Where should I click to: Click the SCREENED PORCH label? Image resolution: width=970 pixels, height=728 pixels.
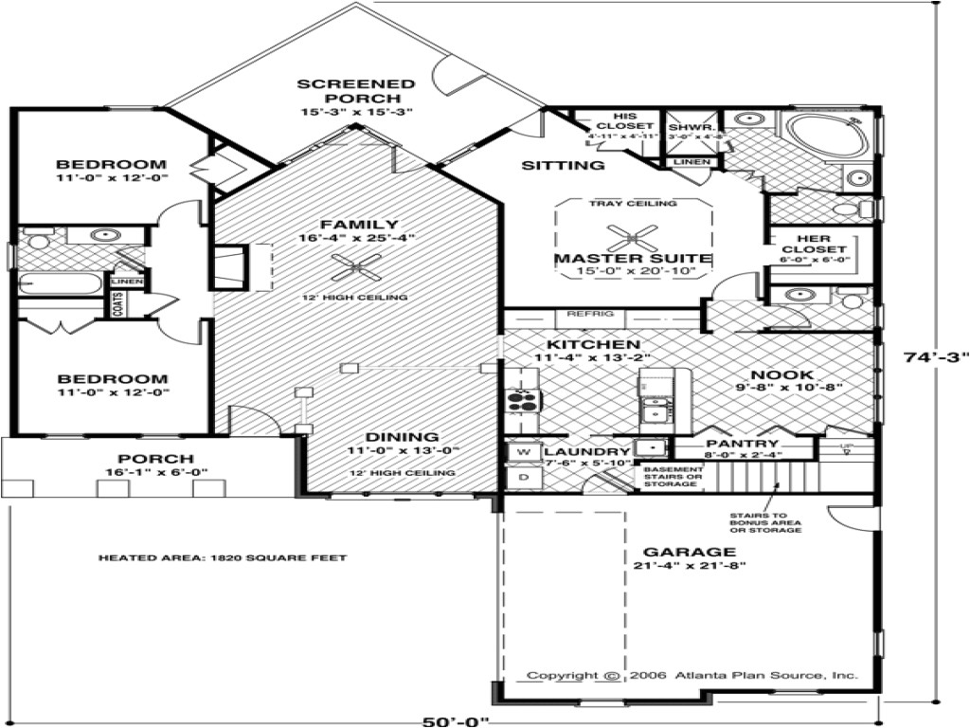click(x=356, y=91)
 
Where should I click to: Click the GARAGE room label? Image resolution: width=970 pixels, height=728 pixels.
click(x=675, y=552)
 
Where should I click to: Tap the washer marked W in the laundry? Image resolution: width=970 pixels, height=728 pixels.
click(x=522, y=453)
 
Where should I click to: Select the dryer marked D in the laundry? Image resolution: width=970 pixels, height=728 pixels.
click(x=522, y=478)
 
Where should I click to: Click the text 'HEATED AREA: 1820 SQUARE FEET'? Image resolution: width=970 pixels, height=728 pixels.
click(x=223, y=558)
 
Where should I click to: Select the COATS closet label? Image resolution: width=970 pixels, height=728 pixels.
click(x=120, y=304)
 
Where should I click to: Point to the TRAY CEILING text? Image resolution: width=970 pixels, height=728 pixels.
click(x=633, y=204)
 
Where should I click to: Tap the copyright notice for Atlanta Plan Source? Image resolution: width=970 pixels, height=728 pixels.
click(x=692, y=676)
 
